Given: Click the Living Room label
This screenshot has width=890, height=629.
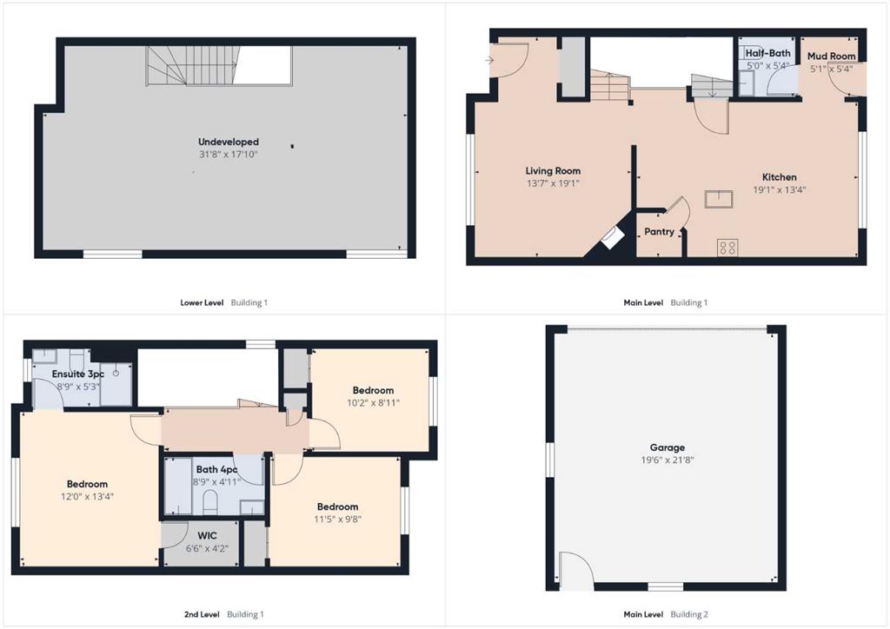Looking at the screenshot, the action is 553,171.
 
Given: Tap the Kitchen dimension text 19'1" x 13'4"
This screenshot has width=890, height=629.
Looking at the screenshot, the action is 780,189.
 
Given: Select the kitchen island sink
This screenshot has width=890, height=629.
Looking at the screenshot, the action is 719,199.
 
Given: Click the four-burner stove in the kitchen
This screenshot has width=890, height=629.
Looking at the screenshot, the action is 727,248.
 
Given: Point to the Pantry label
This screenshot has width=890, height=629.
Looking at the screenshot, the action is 659,231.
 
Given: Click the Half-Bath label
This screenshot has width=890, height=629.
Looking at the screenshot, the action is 767,53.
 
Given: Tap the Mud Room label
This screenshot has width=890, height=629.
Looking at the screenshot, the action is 831,56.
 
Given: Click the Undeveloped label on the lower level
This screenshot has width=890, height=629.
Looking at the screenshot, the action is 229,142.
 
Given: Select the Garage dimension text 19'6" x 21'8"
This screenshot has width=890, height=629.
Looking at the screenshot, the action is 667,460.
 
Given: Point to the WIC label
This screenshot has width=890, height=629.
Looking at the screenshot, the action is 207,535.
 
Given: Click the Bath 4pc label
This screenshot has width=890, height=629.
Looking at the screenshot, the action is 216,469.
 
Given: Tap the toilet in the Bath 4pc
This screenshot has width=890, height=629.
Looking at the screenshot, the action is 210,502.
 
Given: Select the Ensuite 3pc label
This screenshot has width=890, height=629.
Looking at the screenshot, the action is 77,374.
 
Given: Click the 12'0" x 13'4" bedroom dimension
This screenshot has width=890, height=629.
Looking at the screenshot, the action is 87,496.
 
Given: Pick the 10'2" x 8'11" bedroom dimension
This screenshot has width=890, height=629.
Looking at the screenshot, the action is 373,403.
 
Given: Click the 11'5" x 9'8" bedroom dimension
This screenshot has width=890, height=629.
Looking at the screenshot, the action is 338,519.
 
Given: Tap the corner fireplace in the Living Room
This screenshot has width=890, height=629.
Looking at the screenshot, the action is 611,238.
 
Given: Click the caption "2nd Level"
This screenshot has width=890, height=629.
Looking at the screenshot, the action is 202,614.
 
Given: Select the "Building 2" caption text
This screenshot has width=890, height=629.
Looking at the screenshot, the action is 689,614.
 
